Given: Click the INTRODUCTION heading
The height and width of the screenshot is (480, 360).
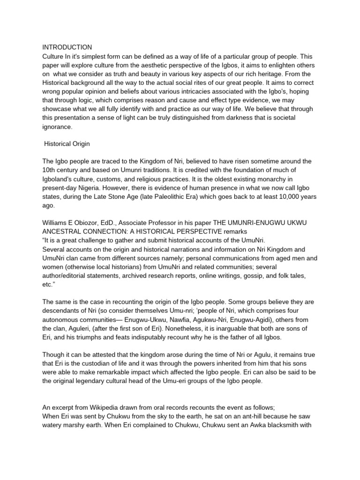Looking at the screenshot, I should point(67,47).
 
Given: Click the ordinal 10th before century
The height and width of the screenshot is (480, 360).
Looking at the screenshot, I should point(50,170).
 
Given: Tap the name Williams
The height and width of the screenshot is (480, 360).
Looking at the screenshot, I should point(56,223).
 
